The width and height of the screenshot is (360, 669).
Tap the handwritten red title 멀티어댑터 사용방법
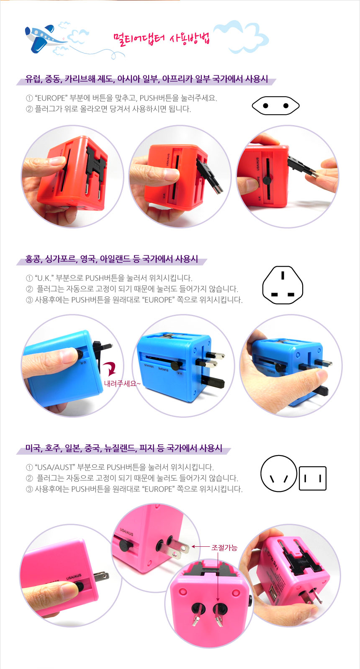pos(161,39)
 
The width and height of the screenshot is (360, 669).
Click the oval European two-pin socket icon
pos(275,106)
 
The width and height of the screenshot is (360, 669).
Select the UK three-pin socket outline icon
pos(283,285)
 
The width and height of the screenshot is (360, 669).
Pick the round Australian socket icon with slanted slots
pos(279,473)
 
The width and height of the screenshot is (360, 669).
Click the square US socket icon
pos(313,478)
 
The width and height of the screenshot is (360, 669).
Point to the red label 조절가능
pos(224,548)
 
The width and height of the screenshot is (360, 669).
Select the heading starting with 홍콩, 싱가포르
pos(111,259)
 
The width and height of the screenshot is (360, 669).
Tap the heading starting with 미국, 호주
pos(123,448)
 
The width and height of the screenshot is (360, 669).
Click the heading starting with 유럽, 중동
pos(147,79)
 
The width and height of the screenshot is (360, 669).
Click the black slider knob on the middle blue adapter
pos(175,364)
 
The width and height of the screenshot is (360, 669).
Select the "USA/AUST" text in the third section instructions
pos(56,467)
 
